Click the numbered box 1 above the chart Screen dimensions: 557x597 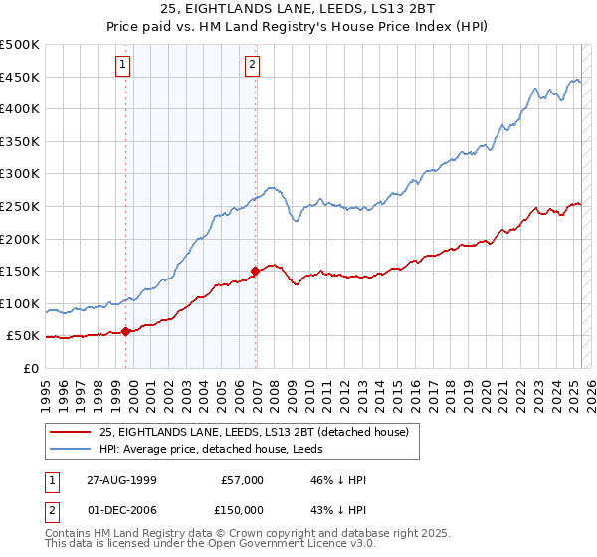pyautogui.click(x=123, y=65)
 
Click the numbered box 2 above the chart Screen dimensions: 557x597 pyautogui.click(x=253, y=65)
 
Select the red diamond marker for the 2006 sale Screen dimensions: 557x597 pyautogui.click(x=256, y=271)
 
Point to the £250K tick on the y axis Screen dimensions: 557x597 pyautogui.click(x=21, y=206)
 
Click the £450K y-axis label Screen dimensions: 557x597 pyautogui.click(x=21, y=77)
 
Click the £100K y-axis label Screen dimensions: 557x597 pyautogui.click(x=21, y=303)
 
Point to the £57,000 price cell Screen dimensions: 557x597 pyautogui.click(x=241, y=480)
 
